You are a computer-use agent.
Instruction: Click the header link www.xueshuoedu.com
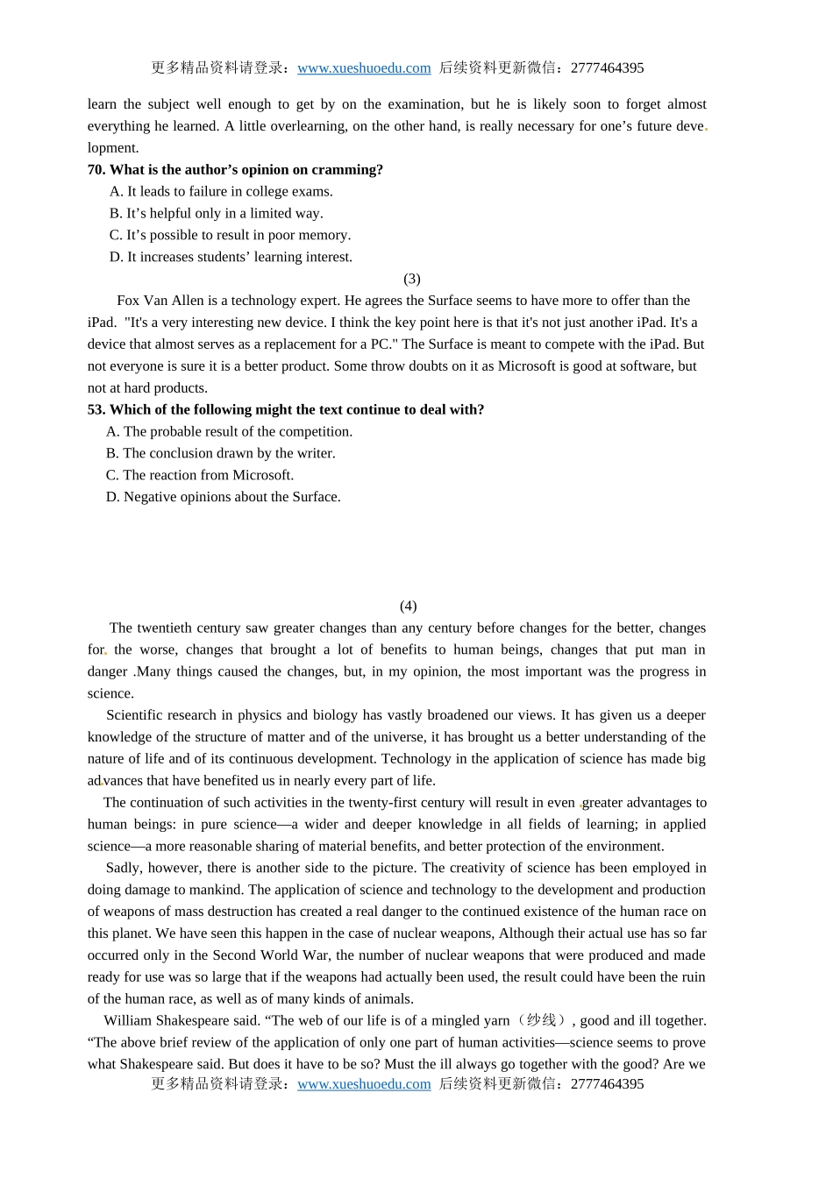(x=364, y=68)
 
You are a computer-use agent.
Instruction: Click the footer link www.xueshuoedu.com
(x=364, y=1084)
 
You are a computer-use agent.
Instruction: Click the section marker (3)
(x=412, y=279)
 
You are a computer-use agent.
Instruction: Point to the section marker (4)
(x=409, y=607)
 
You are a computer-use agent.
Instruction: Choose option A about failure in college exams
(x=221, y=192)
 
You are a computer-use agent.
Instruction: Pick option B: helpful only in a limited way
(x=216, y=214)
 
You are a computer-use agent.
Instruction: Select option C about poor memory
(x=230, y=236)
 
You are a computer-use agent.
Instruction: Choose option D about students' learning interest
(x=231, y=258)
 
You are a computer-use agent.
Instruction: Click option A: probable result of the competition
(x=229, y=432)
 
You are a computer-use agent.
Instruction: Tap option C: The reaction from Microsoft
(x=200, y=475)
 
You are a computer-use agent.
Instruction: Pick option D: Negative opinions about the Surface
(x=224, y=497)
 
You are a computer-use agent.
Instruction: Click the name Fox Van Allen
(x=160, y=301)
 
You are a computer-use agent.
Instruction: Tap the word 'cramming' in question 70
(x=351, y=170)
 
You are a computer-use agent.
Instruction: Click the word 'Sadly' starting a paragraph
(x=124, y=869)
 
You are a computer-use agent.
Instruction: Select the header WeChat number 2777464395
(x=607, y=68)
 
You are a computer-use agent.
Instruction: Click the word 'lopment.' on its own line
(x=113, y=148)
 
